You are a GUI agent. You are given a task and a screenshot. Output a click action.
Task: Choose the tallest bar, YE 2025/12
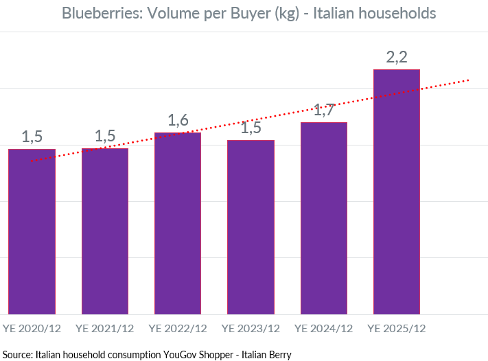coord(397,191)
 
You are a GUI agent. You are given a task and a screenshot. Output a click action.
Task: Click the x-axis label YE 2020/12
coord(32,328)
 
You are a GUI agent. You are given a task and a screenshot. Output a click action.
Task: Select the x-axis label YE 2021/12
coord(105,328)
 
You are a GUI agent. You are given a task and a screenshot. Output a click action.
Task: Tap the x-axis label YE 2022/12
coord(178,328)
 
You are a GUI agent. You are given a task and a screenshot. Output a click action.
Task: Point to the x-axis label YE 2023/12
coord(251,328)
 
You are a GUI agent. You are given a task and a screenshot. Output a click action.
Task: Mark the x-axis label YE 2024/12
coord(324,328)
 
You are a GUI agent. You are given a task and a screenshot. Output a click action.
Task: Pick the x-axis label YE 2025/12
coord(397,328)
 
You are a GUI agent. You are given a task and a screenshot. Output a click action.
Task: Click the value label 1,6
coord(178,121)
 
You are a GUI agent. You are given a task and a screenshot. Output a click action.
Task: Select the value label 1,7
coord(324,109)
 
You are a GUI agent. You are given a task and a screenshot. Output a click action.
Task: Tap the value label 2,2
coord(397,58)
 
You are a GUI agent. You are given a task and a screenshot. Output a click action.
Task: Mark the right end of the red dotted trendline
coord(469,80)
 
